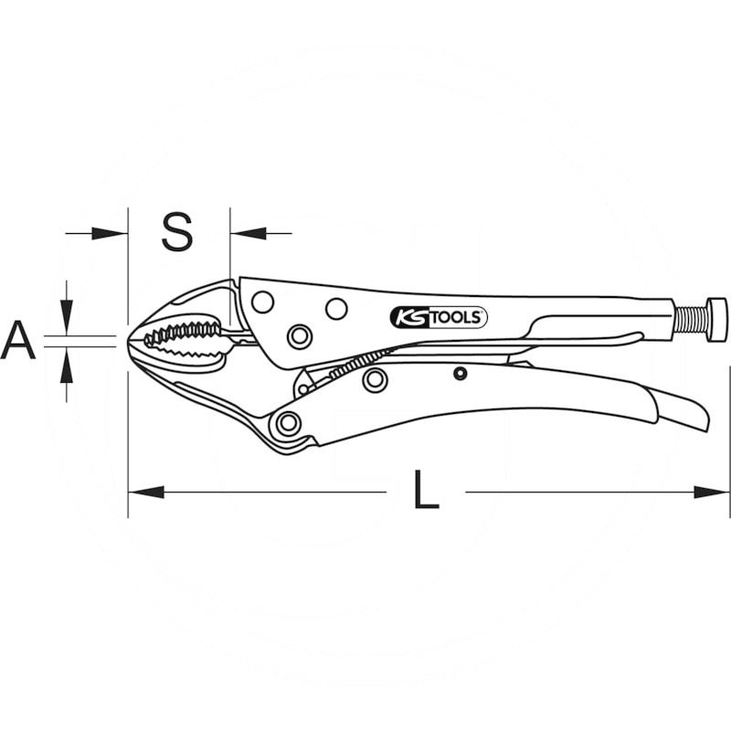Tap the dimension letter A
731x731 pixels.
(17, 341)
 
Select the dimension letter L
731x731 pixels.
(425, 493)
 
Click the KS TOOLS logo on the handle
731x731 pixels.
(439, 317)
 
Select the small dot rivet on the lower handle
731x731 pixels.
(461, 372)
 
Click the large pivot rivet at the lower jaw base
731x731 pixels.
(289, 422)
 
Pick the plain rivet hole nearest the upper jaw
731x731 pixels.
(262, 302)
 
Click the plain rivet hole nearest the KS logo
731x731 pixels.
(336, 309)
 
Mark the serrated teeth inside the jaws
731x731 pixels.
(183, 339)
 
